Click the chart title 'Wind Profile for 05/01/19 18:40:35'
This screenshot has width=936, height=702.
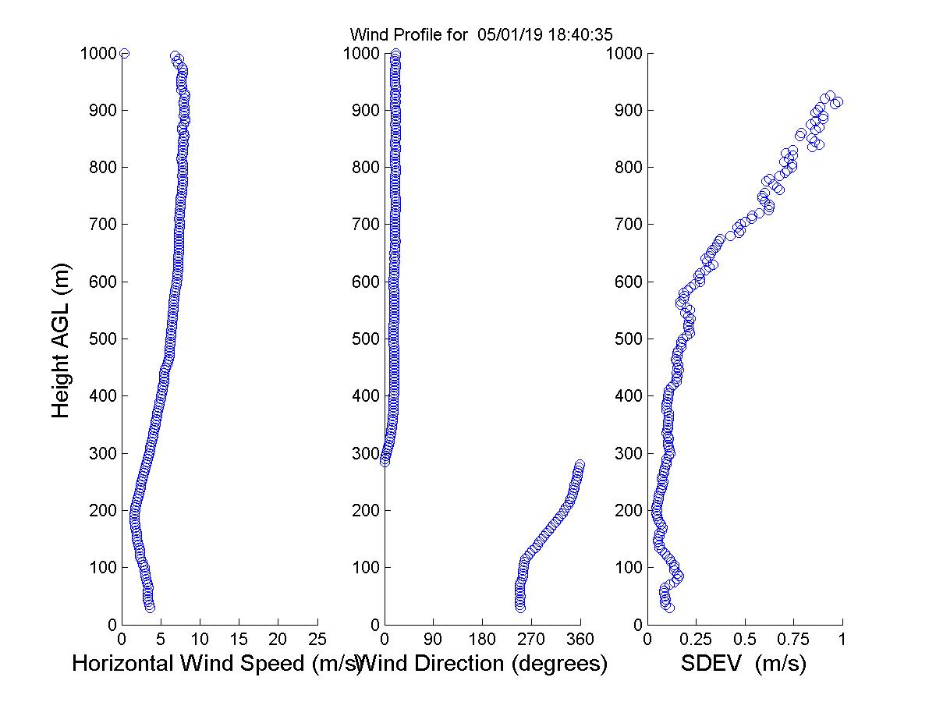481,34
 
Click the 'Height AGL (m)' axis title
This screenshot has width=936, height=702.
61,339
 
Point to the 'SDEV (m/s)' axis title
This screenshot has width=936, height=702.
743,664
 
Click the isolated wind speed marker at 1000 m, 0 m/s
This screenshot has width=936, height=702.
124,53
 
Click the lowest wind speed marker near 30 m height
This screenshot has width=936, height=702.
150,607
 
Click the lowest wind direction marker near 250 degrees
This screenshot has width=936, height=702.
520,607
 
